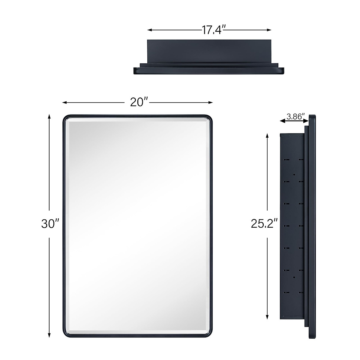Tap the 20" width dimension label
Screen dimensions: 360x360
pos(137,103)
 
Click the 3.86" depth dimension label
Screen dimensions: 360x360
pos(295,117)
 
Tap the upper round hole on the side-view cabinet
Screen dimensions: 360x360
pos(294,174)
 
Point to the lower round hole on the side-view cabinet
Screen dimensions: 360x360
pos(294,277)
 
